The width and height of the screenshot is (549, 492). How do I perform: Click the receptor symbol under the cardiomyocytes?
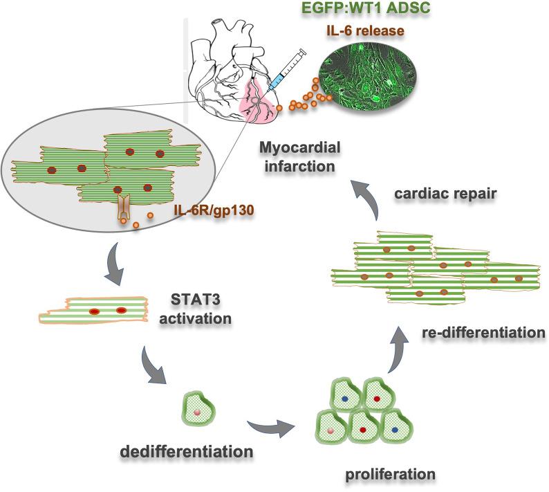tap(125, 207)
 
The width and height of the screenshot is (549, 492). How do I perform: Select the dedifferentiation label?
tap(185, 452)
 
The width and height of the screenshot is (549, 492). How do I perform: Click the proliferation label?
tap(382, 475)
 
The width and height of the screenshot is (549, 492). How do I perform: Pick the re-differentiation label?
tap(483, 332)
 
